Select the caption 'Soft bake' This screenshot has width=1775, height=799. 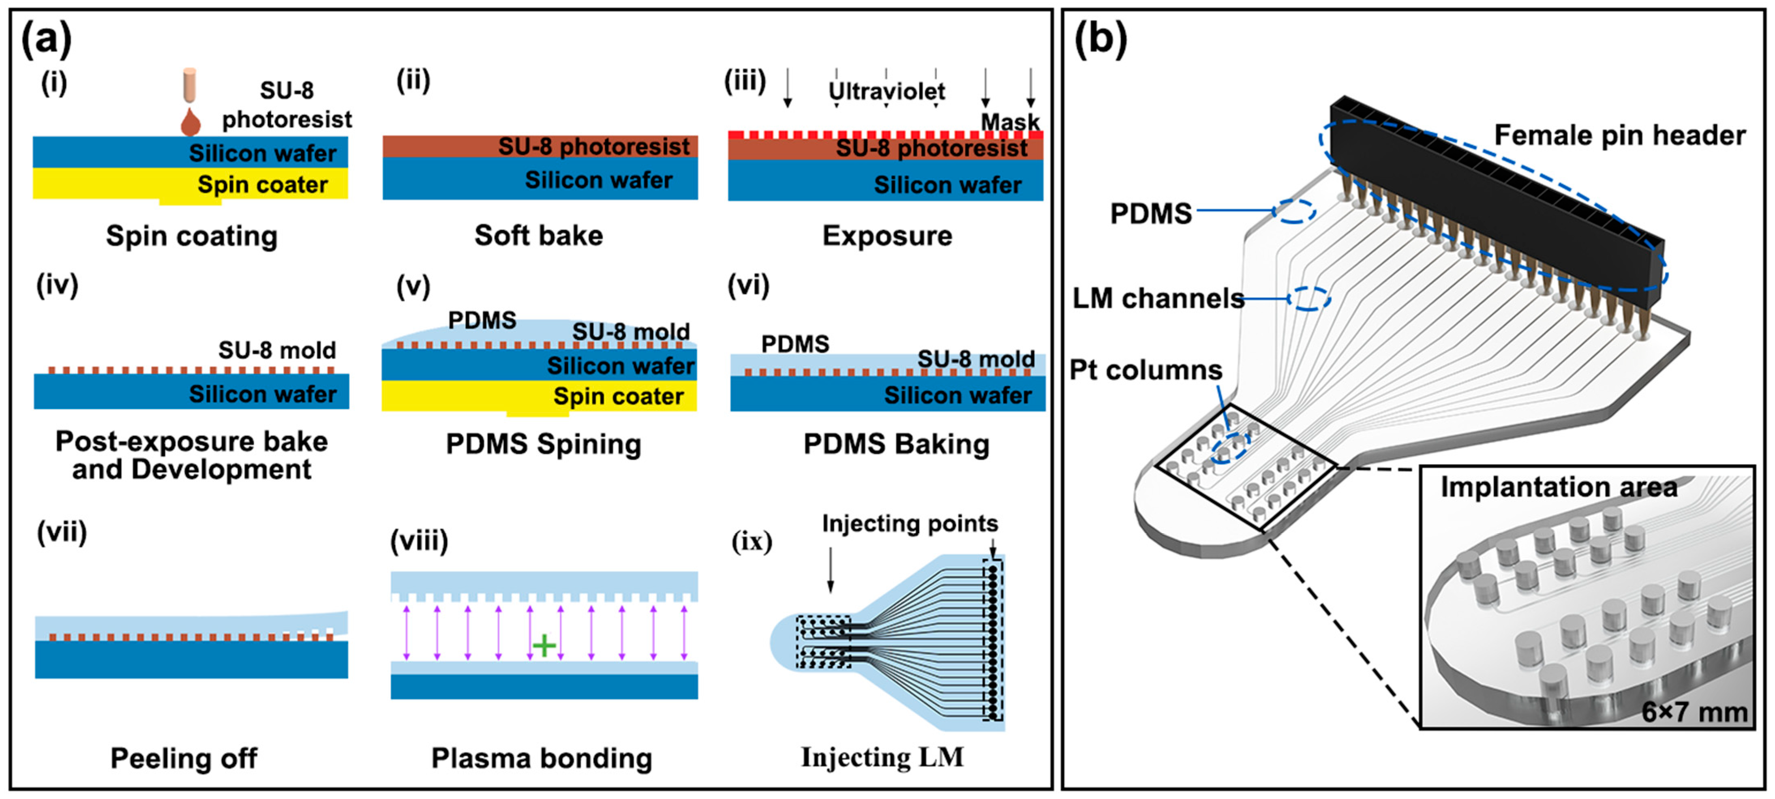538,236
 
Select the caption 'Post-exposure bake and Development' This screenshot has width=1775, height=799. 192,455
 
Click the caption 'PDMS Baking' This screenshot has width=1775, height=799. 896,444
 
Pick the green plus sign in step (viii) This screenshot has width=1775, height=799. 544,646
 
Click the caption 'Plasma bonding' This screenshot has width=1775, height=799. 542,758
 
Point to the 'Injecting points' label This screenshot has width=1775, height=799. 910,524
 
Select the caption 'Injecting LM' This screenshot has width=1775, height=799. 882,757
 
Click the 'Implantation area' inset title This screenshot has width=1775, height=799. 1559,487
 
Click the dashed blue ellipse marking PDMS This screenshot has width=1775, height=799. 1293,211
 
